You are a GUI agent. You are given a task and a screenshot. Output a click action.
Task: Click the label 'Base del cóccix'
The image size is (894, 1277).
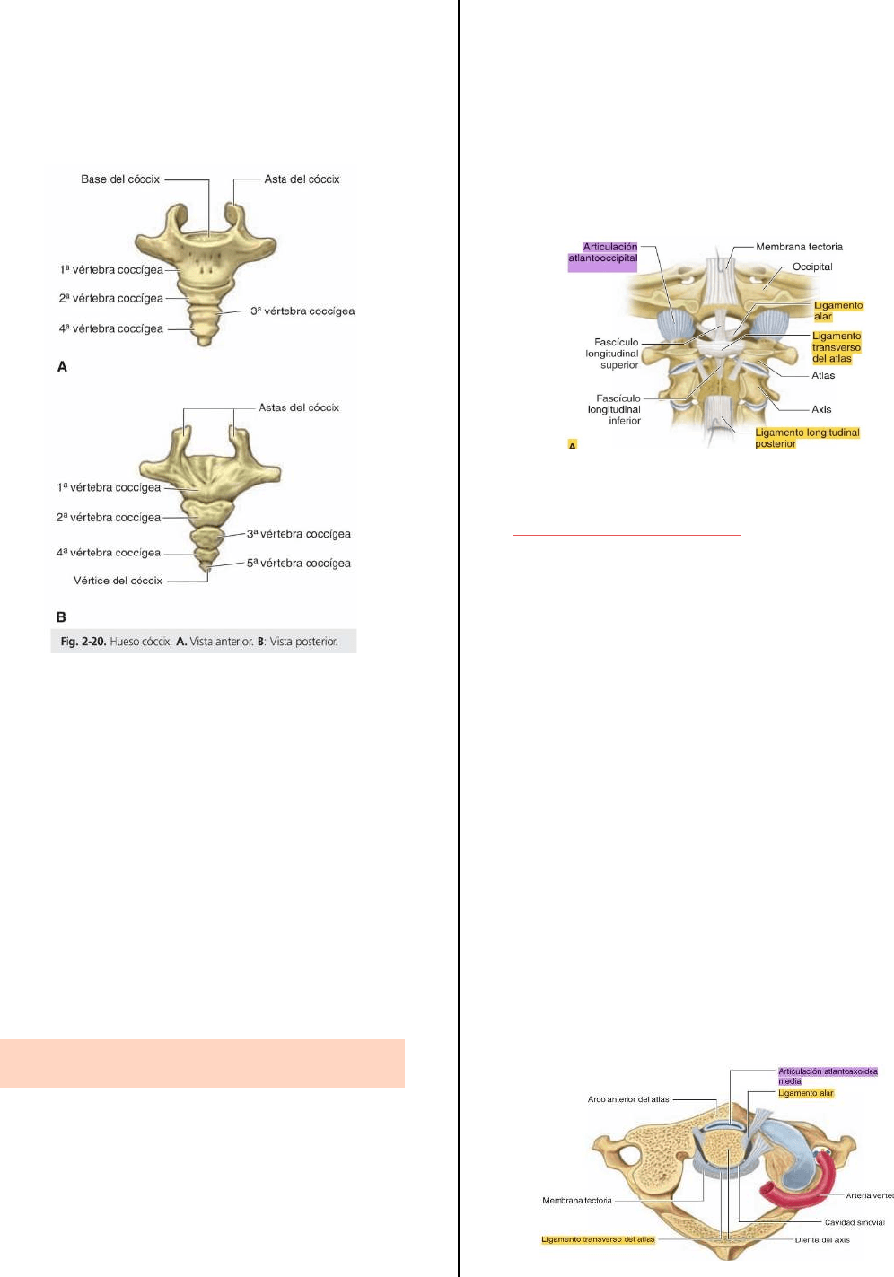pyautogui.click(x=120, y=179)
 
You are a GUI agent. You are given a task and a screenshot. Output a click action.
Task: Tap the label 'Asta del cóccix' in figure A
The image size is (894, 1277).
pyautogui.click(x=302, y=179)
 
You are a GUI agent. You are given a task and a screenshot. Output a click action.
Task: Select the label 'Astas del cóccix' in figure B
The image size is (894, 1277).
pyautogui.click(x=299, y=407)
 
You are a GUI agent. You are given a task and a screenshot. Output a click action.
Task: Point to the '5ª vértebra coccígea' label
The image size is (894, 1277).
pyautogui.click(x=298, y=564)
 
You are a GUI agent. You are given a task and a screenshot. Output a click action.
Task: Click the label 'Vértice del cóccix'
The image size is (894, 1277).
pyautogui.click(x=118, y=581)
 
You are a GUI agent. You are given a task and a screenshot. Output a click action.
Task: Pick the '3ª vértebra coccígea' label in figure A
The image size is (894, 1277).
pyautogui.click(x=302, y=311)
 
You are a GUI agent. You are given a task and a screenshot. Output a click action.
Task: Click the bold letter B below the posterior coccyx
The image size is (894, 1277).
pyautogui.click(x=61, y=617)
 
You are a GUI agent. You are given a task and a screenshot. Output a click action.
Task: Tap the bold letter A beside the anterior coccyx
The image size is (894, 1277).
pyautogui.click(x=62, y=366)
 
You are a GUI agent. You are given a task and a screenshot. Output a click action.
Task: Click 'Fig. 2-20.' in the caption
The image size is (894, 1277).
pyautogui.click(x=83, y=642)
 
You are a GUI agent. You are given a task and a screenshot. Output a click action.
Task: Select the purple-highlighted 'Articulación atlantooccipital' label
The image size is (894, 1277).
pyautogui.click(x=602, y=252)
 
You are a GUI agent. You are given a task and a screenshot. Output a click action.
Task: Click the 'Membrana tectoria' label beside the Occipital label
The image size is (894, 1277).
pyautogui.click(x=799, y=247)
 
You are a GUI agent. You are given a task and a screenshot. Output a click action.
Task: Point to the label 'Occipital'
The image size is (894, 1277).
pyautogui.click(x=812, y=267)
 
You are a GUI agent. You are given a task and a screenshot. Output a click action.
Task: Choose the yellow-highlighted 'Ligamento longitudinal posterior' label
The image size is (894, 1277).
pyautogui.click(x=807, y=438)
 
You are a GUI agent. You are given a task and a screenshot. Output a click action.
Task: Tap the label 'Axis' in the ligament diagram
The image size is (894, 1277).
pyautogui.click(x=821, y=409)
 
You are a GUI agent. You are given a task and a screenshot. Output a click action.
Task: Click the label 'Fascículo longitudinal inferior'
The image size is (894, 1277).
pyautogui.click(x=614, y=409)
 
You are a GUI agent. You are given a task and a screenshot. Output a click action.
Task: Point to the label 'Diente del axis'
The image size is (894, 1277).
pyautogui.click(x=822, y=1240)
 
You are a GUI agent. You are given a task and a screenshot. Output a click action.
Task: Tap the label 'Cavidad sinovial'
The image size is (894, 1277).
pyautogui.click(x=855, y=1222)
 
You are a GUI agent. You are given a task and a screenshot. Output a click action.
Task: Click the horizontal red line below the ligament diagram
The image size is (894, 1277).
pyautogui.click(x=627, y=536)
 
